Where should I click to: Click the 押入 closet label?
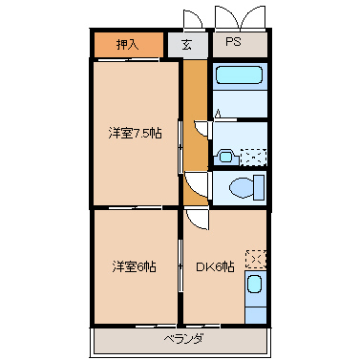[127, 44]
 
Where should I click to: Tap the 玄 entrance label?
[187, 44]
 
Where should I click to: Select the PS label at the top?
[233, 43]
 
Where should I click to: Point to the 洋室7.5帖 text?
[135, 133]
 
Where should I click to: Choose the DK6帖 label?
[216, 265]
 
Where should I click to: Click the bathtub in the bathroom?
[239, 75]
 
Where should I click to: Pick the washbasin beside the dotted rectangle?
[224, 154]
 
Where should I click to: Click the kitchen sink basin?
[254, 284]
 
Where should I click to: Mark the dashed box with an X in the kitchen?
[255, 257]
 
